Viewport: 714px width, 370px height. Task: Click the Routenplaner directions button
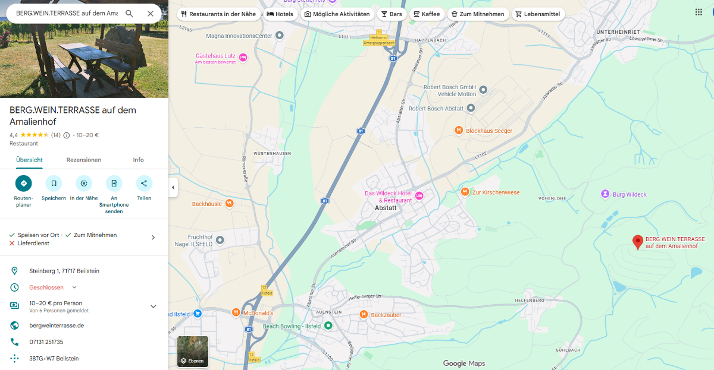pos(24,184)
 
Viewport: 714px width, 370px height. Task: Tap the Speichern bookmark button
pos(54,184)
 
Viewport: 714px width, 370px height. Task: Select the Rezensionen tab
pos(84,160)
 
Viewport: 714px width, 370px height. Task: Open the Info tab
pos(138,160)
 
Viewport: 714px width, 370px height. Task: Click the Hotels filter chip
pos(280,14)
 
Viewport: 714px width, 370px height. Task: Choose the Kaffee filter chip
pos(426,14)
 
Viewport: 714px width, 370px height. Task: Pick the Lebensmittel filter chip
pos(538,14)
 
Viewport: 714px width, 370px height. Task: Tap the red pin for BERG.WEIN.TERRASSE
pos(638,242)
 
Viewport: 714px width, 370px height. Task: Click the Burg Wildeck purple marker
pos(605,194)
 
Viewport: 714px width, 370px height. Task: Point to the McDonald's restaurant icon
pos(236,312)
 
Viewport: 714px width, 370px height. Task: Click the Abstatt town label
pos(386,208)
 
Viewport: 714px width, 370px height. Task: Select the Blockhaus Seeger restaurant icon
pos(458,131)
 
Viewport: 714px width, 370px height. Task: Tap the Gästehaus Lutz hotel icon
pos(243,56)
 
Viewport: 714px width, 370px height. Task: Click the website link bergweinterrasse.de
pos(57,325)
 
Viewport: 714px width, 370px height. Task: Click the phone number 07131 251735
pos(46,342)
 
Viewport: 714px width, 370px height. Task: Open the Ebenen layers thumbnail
pos(193,352)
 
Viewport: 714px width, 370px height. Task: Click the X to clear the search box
pos(150,14)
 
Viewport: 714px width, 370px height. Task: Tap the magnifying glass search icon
pos(129,14)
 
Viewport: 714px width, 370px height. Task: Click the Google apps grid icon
pos(699,12)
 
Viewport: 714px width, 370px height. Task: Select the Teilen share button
pos(144,184)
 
